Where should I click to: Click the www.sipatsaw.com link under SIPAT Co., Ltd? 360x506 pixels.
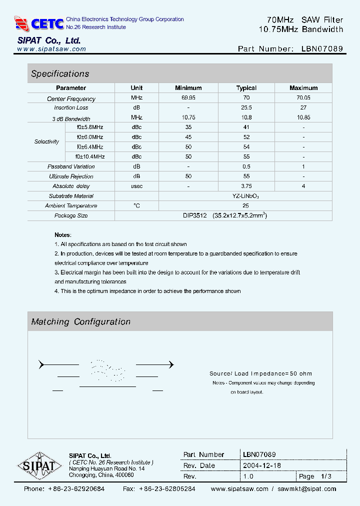tap(51, 49)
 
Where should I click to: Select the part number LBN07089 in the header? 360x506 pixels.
tap(322, 49)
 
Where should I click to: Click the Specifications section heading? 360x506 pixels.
tap(60, 74)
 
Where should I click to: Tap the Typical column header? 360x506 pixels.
tap(246, 88)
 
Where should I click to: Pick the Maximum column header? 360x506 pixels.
tap(303, 88)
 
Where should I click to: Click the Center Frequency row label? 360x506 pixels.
tap(71, 98)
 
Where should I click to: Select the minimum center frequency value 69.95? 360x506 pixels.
tap(188, 98)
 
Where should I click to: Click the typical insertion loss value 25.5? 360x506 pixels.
tap(246, 108)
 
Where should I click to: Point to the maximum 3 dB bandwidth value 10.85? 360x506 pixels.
tap(303, 117)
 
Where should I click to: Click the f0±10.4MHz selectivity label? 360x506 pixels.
tap(90, 156)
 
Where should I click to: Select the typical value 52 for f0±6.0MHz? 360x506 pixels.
tap(246, 137)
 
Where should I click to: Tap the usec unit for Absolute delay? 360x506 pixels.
tap(136, 186)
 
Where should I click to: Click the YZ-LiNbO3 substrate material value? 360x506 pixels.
tap(245, 196)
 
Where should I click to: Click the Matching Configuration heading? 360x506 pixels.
tap(80, 322)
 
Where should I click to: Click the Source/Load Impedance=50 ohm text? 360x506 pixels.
tap(260, 373)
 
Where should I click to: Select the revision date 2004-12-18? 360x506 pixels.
tap(262, 465)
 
